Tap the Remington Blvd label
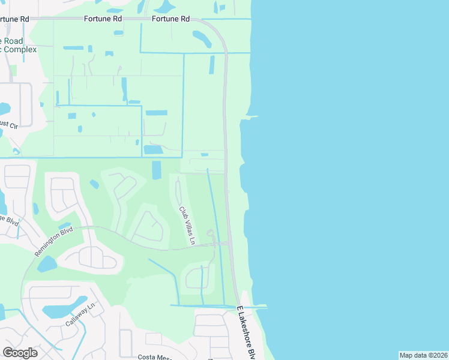click(x=53, y=242)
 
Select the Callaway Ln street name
click(x=81, y=315)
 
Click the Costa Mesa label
click(x=155, y=356)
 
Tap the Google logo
click(x=20, y=353)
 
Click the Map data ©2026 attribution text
click(x=423, y=355)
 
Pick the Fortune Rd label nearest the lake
click(x=170, y=19)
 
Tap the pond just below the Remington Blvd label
click(x=46, y=263)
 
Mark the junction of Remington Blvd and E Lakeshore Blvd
click(x=230, y=243)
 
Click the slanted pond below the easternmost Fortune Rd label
click(x=202, y=39)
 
